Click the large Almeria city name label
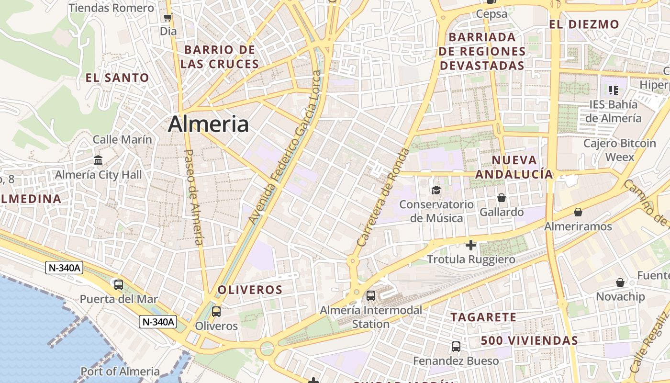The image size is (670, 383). (208, 124)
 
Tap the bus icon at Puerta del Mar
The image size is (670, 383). (119, 285)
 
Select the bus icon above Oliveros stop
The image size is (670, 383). (216, 312)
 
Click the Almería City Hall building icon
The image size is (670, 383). (99, 160)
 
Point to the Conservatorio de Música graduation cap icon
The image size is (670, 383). (436, 190)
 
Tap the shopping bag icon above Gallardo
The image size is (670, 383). (502, 198)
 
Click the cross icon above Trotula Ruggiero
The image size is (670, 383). (471, 245)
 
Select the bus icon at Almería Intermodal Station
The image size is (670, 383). (371, 296)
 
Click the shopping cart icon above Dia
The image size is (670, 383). (168, 18)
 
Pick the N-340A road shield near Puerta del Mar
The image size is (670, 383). (64, 268)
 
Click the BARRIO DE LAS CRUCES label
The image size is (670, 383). (220, 56)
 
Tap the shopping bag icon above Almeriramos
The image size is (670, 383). (578, 212)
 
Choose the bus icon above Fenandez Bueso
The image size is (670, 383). (456, 346)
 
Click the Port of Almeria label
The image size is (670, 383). (120, 371)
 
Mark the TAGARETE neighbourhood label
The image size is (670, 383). (483, 317)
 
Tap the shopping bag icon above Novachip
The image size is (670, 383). (620, 282)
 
